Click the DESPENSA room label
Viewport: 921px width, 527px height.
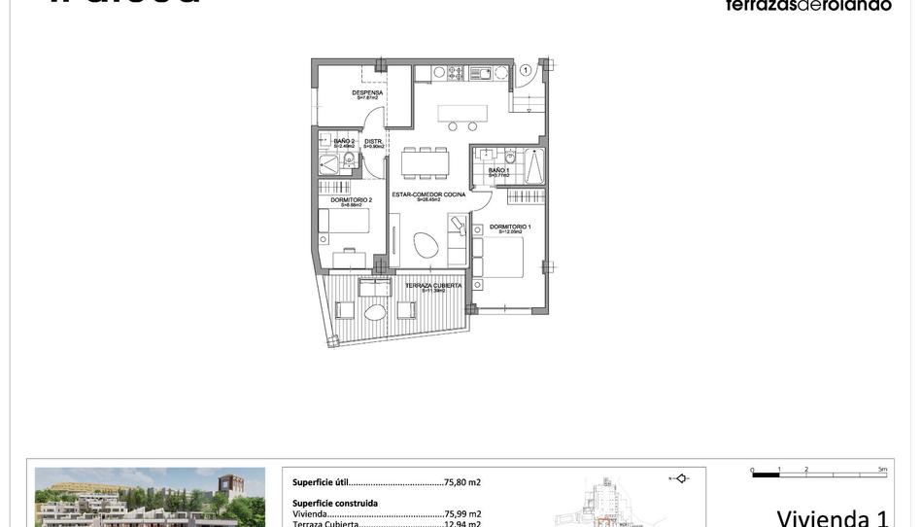click(x=367, y=93)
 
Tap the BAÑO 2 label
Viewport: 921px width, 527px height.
click(x=344, y=142)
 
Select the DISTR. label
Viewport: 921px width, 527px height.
click(x=374, y=142)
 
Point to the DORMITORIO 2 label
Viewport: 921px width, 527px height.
click(x=351, y=200)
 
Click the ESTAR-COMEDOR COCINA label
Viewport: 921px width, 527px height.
click(x=428, y=194)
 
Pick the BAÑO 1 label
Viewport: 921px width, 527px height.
click(x=498, y=171)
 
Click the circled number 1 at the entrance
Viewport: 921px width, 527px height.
click(x=526, y=69)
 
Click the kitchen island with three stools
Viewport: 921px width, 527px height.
click(x=461, y=112)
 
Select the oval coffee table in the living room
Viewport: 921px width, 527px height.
click(x=426, y=245)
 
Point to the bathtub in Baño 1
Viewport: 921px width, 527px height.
click(x=533, y=166)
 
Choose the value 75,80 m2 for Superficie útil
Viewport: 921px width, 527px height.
click(x=462, y=482)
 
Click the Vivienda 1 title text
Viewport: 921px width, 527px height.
click(x=833, y=515)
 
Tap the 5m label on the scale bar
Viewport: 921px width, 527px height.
click(x=882, y=470)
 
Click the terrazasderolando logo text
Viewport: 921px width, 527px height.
click(x=807, y=6)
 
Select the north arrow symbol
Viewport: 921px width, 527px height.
click(x=680, y=477)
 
